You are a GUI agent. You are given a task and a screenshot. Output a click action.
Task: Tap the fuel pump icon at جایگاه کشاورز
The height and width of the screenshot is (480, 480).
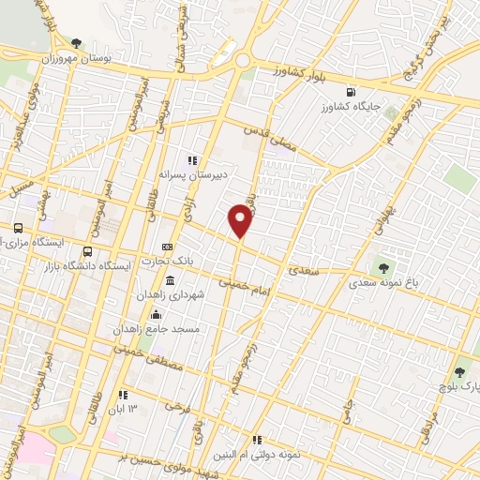pos(351,92)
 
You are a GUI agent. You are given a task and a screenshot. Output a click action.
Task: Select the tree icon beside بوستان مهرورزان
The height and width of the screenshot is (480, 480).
pos(77,42)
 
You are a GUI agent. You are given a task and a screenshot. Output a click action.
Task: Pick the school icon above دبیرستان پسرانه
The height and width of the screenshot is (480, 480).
pos(193,160)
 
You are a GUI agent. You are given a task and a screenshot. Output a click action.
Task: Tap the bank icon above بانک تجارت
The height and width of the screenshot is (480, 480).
pos(168,247)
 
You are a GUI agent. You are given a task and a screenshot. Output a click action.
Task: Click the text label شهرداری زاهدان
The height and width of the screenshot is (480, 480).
pos(169,296)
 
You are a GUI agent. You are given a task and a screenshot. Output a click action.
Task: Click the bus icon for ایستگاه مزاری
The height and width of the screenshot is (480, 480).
pos(18,228)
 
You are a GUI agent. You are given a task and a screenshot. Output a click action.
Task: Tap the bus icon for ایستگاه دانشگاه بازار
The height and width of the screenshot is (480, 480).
pos(88,251)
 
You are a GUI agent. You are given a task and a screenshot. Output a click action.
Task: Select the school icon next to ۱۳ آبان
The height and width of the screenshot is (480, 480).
pos(123,394)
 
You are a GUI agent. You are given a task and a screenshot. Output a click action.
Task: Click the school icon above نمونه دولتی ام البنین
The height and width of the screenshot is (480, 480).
pos(256,439)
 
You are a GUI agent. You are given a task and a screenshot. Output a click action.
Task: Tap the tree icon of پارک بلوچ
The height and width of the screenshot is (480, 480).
pos(458,373)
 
